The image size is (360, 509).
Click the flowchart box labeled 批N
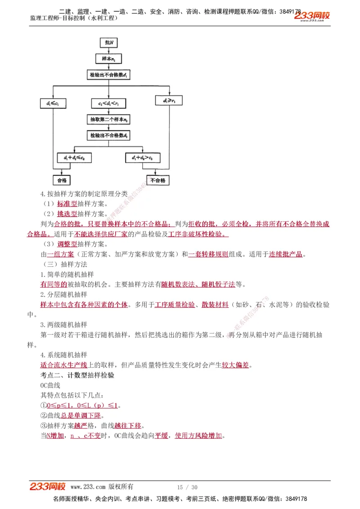point(108,43)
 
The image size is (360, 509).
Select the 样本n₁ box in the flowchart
point(108,58)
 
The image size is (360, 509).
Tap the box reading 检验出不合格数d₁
point(108,75)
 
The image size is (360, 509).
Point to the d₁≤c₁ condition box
point(53,104)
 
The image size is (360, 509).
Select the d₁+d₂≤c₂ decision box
point(74,158)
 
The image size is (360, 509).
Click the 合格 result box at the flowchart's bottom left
point(62,180)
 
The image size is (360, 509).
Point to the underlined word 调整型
point(67,244)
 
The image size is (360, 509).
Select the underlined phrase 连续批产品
point(286,254)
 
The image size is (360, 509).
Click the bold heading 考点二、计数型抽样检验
point(77,375)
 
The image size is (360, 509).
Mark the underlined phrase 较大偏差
point(235,365)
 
